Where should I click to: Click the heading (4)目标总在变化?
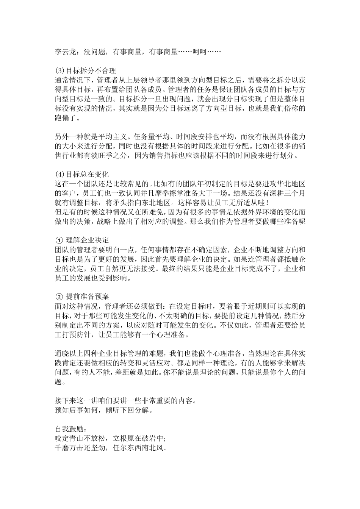point(82,174)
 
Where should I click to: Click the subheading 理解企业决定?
point(87,240)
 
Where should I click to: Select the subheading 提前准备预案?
point(87,297)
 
